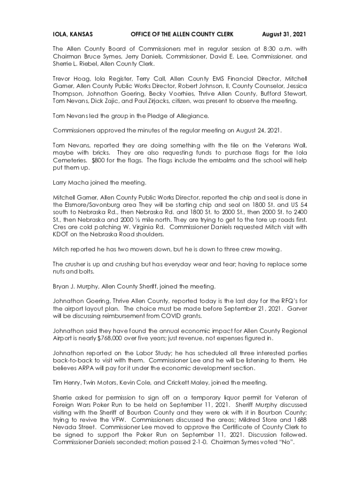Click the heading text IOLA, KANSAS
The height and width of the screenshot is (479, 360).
(72, 34)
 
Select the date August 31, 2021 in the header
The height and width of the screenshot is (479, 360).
(284, 34)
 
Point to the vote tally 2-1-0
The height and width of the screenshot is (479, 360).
(190, 443)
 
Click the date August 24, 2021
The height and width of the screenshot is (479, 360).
(257, 130)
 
